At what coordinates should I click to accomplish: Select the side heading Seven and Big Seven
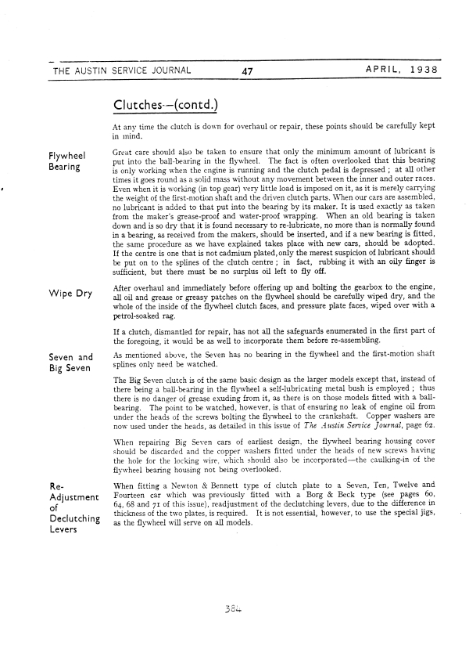coord(71,363)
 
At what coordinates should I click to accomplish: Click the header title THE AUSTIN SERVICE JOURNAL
coord(121,70)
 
